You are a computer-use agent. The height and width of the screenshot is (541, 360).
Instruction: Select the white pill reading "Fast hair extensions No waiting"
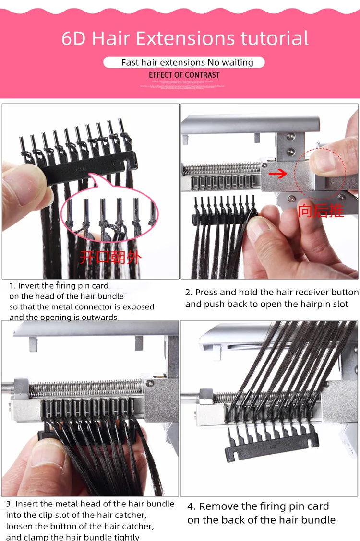(x=184, y=62)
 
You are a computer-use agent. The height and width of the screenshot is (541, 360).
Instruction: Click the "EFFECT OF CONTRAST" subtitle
(x=184, y=75)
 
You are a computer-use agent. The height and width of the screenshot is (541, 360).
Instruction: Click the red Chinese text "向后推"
(x=321, y=211)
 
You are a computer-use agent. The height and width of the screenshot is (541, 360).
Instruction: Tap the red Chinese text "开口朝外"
(x=110, y=258)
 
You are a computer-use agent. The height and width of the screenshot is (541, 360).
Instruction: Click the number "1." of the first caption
(x=12, y=286)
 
